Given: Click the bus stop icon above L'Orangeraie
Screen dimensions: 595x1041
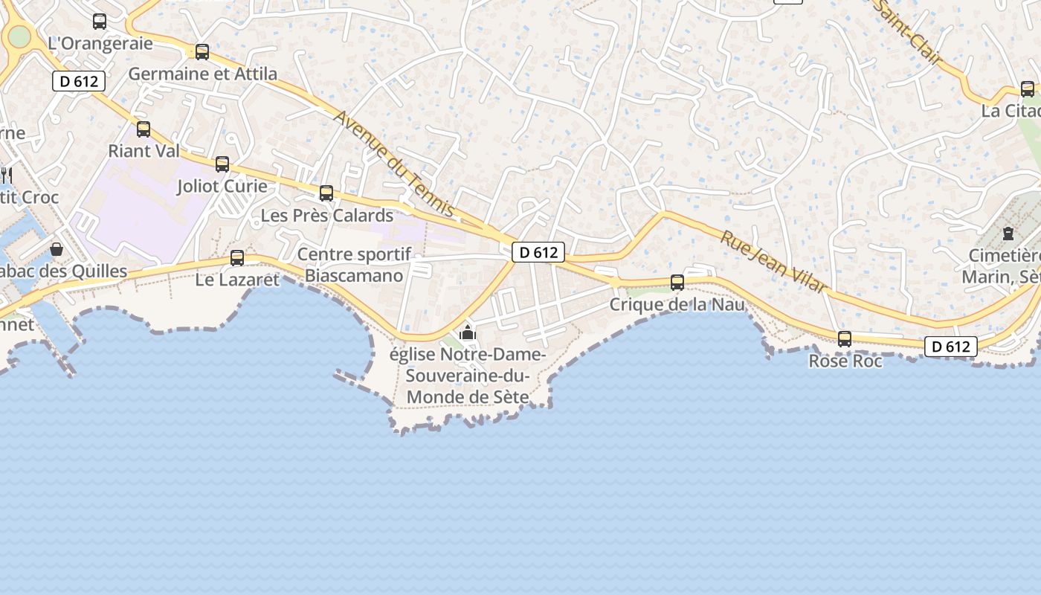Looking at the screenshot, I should [100, 22].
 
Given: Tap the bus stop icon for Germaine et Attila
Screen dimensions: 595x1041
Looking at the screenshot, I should [202, 52].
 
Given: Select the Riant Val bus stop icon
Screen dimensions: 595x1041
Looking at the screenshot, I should [144, 129].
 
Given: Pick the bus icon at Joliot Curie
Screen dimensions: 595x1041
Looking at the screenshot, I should [222, 164].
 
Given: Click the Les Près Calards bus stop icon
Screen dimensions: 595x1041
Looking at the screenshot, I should [326, 193].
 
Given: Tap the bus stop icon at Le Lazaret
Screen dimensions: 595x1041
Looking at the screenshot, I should [237, 258].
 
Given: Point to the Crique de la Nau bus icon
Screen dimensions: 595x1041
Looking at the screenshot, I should [677, 283].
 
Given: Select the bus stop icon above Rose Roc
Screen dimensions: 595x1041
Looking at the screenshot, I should [845, 339].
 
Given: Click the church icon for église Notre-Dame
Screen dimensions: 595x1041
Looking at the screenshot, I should [468, 332].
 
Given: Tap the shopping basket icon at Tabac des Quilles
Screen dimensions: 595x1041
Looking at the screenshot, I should [57, 249].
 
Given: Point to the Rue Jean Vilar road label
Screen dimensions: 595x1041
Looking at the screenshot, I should [773, 261].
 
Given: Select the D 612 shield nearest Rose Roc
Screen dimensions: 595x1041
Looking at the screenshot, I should [950, 346].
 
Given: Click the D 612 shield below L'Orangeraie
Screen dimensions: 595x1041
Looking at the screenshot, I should [79, 81].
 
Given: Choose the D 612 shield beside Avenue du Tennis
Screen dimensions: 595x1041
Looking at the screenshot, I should [538, 252].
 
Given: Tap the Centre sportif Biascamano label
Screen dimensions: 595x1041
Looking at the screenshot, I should [354, 266].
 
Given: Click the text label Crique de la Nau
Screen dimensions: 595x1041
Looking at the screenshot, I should [677, 304].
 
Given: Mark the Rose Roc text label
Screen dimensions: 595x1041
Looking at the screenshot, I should [845, 361].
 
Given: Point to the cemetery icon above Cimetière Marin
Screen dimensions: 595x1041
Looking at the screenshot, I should [1008, 234].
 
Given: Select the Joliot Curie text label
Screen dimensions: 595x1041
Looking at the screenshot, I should [222, 186].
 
